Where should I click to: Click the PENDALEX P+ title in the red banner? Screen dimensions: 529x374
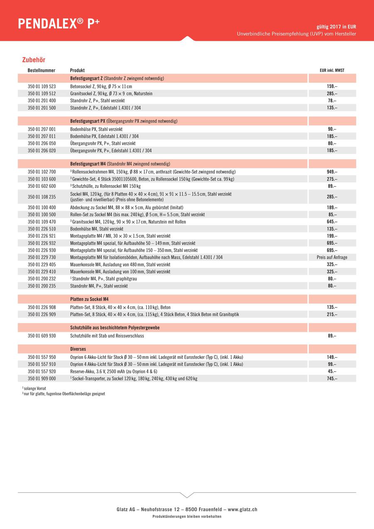pyautogui.click(x=59, y=24)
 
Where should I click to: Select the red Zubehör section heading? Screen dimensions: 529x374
pyautogui.click(x=34, y=60)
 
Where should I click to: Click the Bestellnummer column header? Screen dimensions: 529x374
pyautogui.click(x=42, y=71)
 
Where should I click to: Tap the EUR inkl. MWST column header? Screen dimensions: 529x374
pyautogui.click(x=332, y=71)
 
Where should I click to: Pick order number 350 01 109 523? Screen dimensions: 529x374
pyautogui.click(x=42, y=86)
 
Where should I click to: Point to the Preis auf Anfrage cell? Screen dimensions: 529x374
pyautogui.click(x=332, y=258)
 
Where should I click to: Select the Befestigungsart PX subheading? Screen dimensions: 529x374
pyautogui.click(x=124, y=121)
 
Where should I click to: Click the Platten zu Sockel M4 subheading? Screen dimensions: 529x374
pyautogui.click(x=89, y=299)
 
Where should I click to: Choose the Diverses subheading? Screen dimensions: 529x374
pyautogui.click(x=78, y=349)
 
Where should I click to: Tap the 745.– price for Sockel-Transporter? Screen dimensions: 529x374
pyautogui.click(x=332, y=379)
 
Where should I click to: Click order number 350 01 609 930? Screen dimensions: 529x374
pyautogui.click(x=42, y=336)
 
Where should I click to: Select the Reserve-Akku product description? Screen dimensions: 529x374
pyautogui.click(x=113, y=372)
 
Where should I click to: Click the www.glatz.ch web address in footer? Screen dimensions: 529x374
pyautogui.click(x=242, y=509)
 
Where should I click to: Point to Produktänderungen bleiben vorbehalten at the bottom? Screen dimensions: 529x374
pyautogui.click(x=187, y=517)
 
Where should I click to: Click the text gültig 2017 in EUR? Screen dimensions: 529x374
pyautogui.click(x=336, y=27)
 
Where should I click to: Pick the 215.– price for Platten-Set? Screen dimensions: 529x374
pyautogui.click(x=332, y=315)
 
